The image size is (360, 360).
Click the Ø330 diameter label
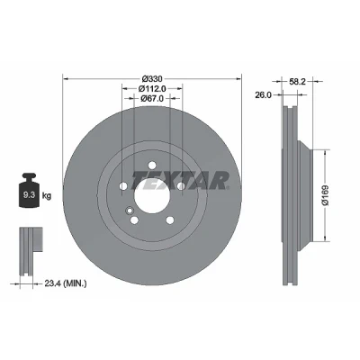tap(152, 79)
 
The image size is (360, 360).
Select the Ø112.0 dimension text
tap(152, 88)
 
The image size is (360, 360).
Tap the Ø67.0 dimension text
tap(152, 98)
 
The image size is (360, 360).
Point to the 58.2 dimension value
tap(297, 81)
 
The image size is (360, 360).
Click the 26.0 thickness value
tap(263, 95)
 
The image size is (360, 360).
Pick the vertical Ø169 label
tap(326, 195)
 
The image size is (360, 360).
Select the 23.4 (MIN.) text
tap(66, 283)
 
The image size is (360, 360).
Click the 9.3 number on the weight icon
tap(30, 195)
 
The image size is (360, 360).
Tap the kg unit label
tap(47, 196)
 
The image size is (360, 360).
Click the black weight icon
tap(29, 190)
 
